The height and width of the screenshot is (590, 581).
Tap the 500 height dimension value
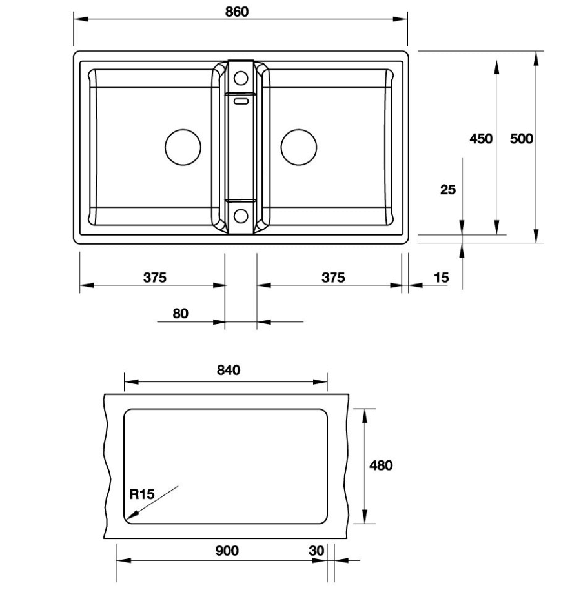pyautogui.click(x=521, y=138)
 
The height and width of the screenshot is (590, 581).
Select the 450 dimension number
pyautogui.click(x=481, y=138)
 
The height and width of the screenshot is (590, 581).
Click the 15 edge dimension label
pyautogui.click(x=441, y=278)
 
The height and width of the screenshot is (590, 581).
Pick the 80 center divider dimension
pyautogui.click(x=180, y=314)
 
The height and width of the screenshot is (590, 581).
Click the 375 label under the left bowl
pyautogui.click(x=155, y=278)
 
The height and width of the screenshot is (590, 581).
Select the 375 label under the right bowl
pyautogui.click(x=333, y=278)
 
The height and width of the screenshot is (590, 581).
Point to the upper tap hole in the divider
pyautogui.click(x=241, y=79)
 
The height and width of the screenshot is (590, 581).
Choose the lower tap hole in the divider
pyautogui.click(x=241, y=216)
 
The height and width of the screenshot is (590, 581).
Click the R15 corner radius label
pyautogui.click(x=141, y=495)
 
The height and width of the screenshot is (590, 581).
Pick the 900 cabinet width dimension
pyautogui.click(x=227, y=551)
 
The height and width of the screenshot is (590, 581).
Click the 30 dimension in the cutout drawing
pyautogui.click(x=316, y=551)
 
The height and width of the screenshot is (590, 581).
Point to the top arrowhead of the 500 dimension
pyautogui.click(x=536, y=57)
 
